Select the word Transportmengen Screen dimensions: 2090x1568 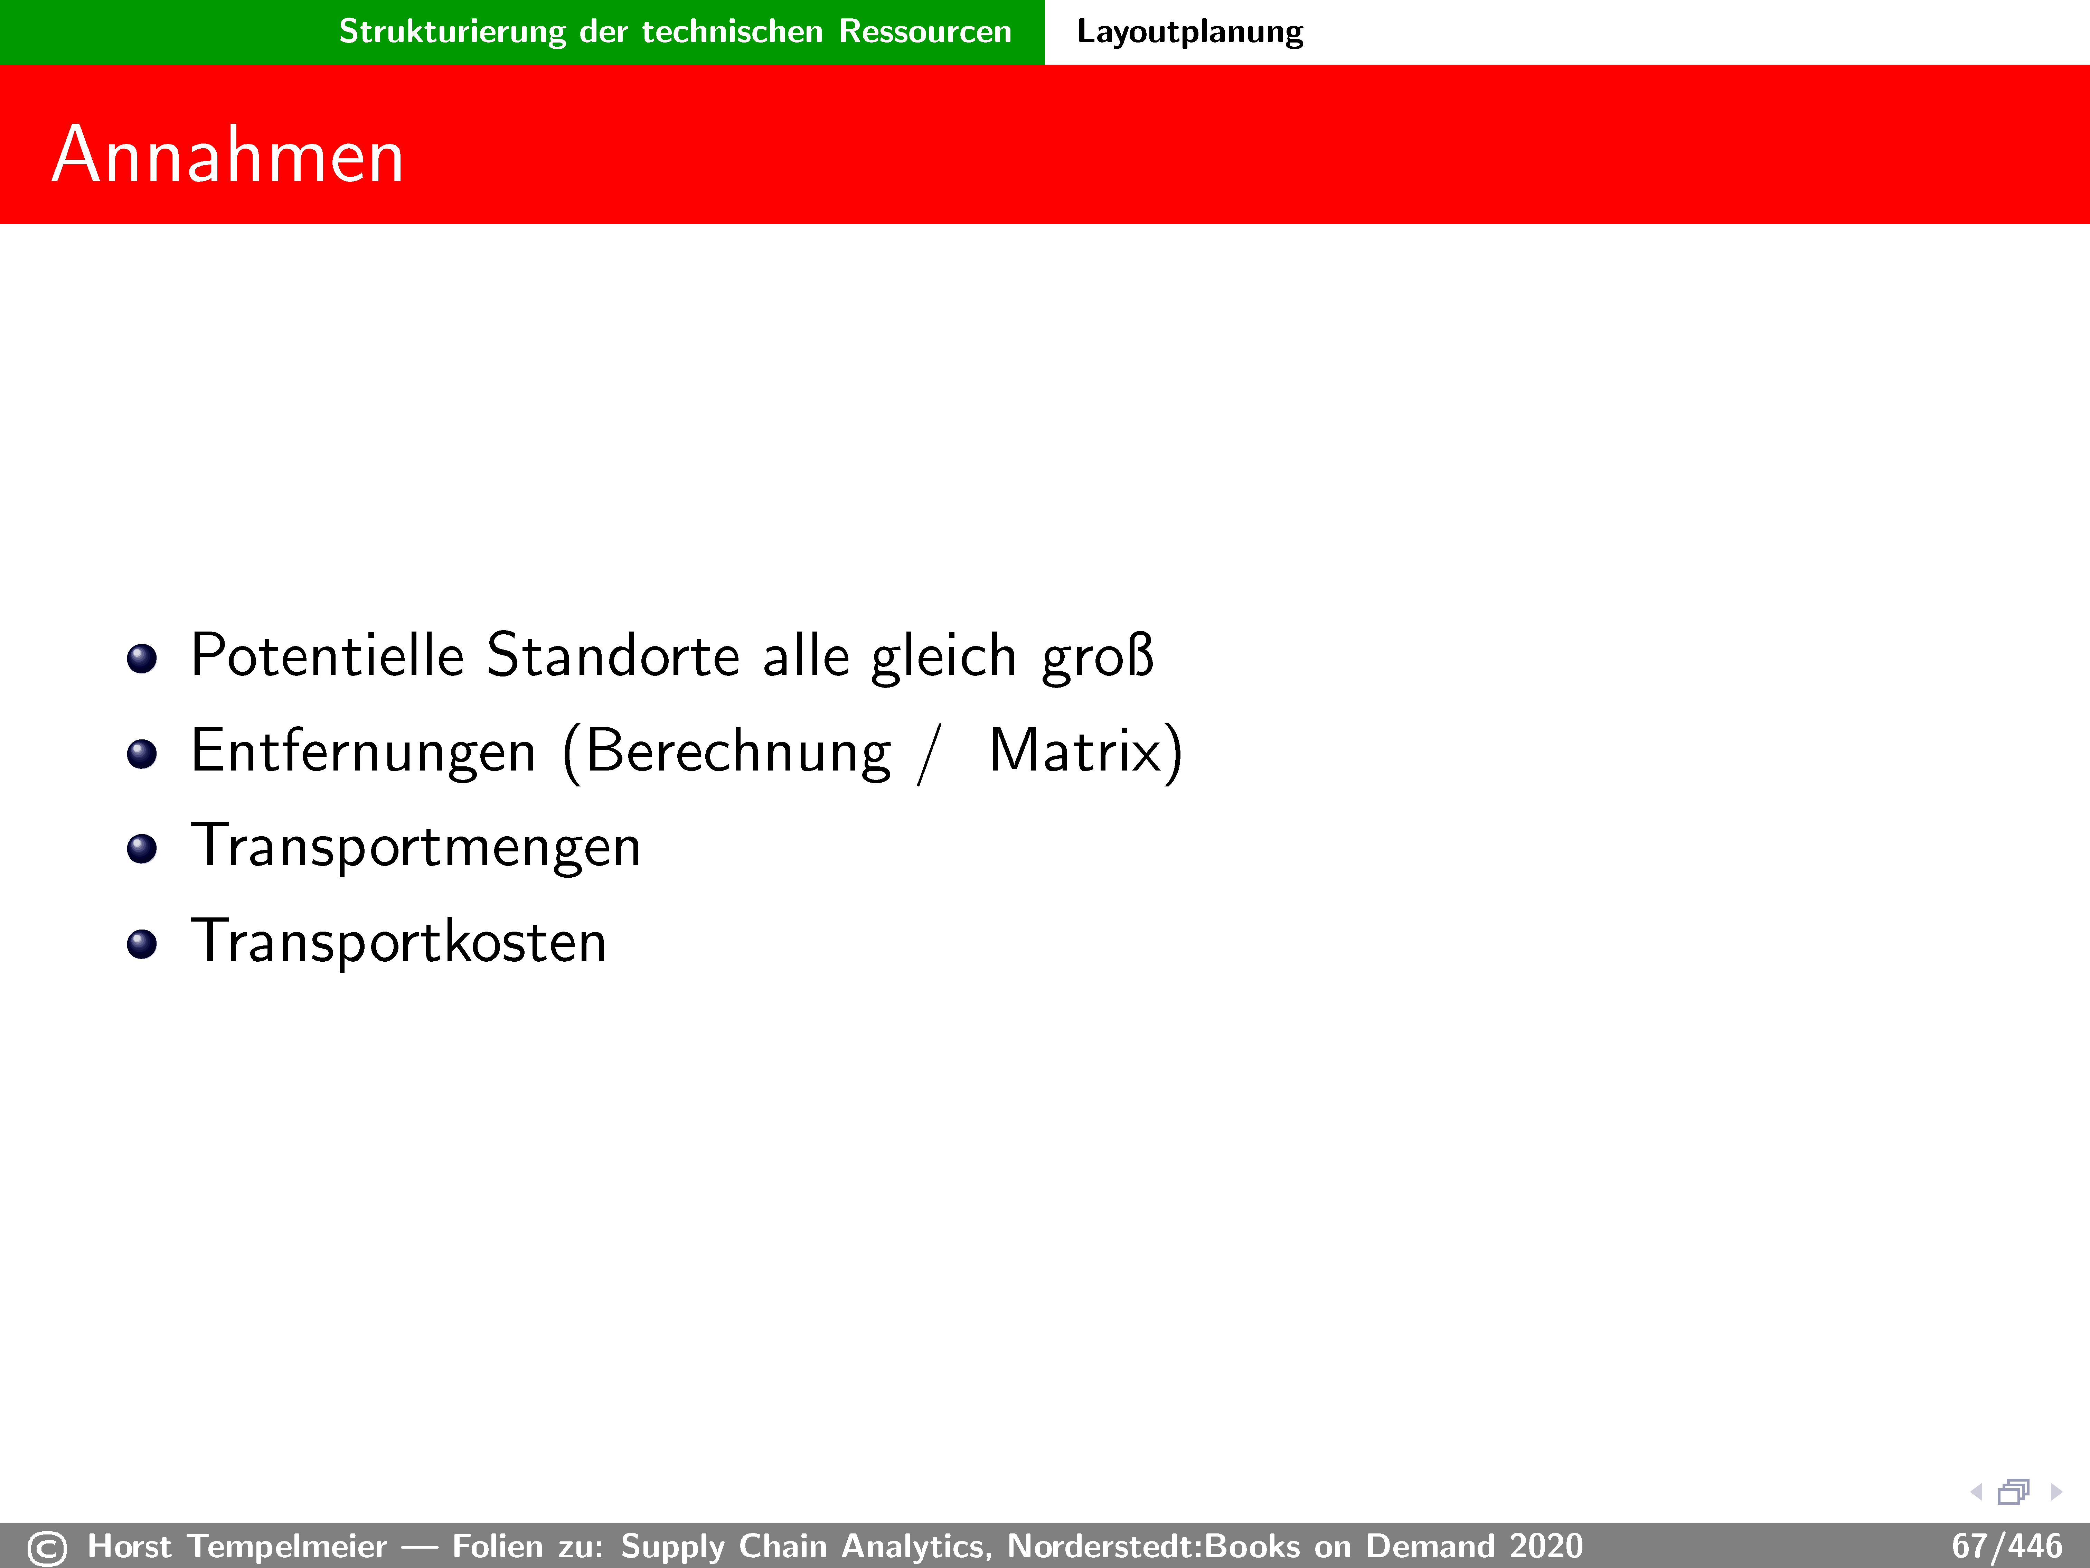[x=416, y=847]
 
